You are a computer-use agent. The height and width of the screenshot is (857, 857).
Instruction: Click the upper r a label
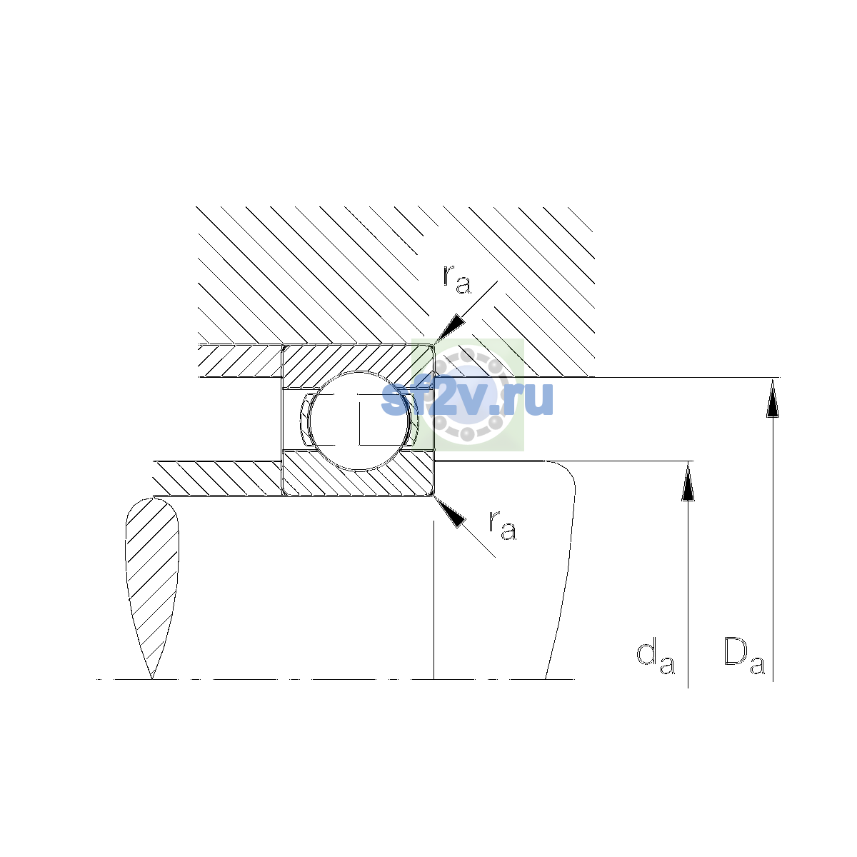point(457,279)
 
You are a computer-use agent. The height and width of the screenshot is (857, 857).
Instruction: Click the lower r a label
point(503,525)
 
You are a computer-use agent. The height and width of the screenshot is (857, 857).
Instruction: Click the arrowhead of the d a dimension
point(688,481)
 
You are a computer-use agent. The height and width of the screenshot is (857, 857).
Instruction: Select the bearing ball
point(359,421)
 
